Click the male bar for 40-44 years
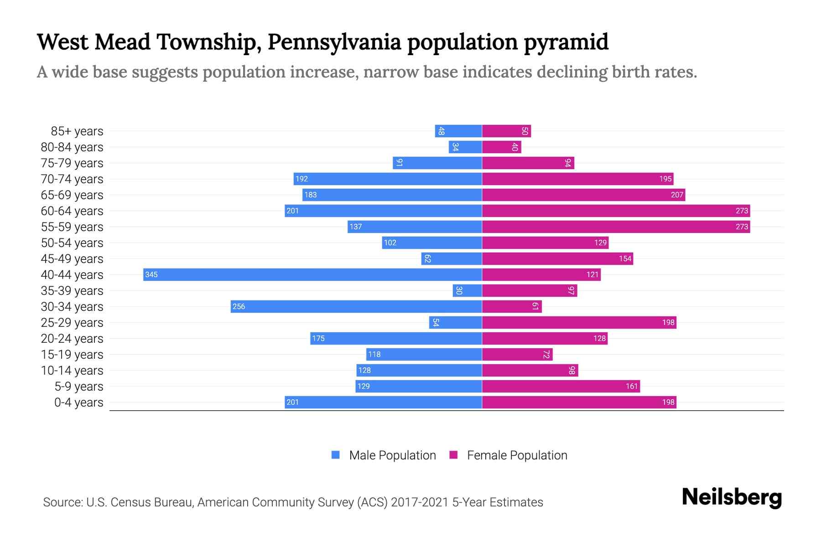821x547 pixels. click(312, 274)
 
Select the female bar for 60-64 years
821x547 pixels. click(616, 211)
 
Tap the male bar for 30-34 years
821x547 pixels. click(356, 306)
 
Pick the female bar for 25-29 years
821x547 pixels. click(579, 322)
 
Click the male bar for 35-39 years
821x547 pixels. click(468, 290)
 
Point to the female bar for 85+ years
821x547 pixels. click(506, 131)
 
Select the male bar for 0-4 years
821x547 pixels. click(383, 402)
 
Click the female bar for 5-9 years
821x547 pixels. click(561, 386)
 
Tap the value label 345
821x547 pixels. click(151, 274)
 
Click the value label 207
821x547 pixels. click(677, 195)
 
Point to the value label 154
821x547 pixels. click(625, 258)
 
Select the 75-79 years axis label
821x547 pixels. click(72, 163)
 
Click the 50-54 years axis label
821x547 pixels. click(72, 243)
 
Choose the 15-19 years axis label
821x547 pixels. click(72, 355)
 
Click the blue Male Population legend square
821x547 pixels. click(336, 455)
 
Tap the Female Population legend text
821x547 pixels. click(517, 455)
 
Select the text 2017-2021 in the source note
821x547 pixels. click(420, 502)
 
